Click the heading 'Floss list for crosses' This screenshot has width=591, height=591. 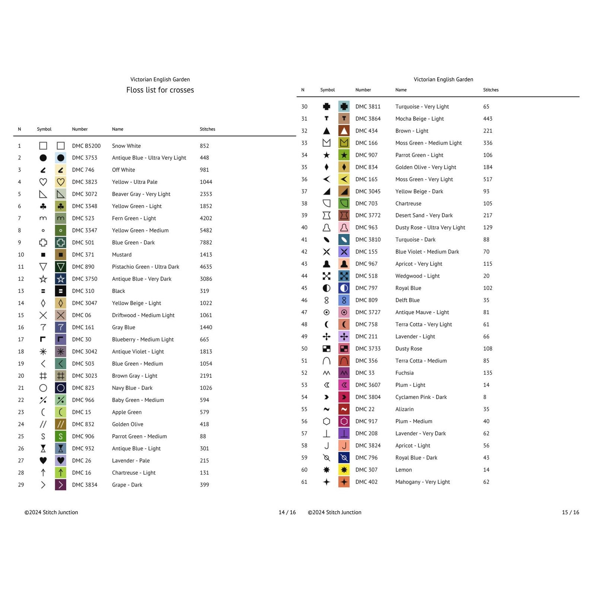coord(160,90)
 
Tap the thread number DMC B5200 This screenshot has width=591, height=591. coord(86,146)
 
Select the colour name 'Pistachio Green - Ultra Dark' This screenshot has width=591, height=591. coord(146,267)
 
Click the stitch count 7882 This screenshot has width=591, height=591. coord(206,243)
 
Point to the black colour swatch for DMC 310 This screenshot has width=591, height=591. coord(61,291)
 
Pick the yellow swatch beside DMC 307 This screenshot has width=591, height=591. coord(344,470)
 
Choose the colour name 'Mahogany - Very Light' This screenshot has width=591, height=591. coord(422,482)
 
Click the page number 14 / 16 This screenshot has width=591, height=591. coord(287,512)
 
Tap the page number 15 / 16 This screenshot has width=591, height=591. coord(570,512)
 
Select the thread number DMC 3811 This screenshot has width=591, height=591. coord(368,107)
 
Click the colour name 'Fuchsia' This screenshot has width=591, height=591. coord(404,373)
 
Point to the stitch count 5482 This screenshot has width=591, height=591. coord(206,231)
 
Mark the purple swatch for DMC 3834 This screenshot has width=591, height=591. coord(61,485)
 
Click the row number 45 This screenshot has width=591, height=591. coord(304,288)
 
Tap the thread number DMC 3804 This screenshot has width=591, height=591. coord(368,397)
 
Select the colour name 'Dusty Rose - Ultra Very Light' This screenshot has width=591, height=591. coord(430,227)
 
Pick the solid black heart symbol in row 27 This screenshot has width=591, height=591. coord(43,461)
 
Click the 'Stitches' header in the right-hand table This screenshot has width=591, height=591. coord(491,90)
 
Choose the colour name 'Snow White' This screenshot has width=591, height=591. coord(126,146)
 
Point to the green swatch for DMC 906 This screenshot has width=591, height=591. coord(61,437)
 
